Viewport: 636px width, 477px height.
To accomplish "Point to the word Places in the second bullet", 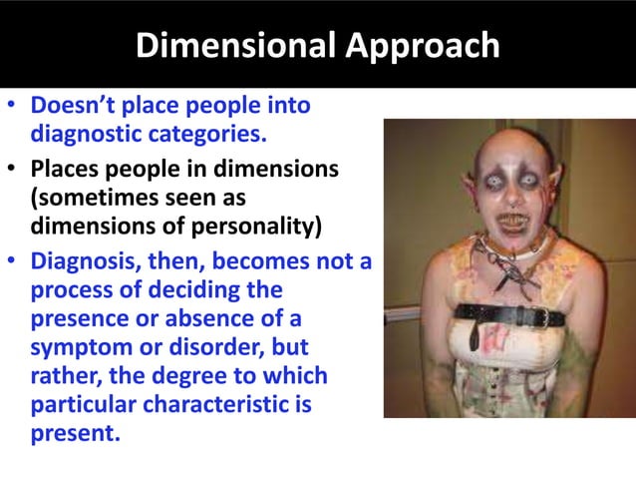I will [66, 170].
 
